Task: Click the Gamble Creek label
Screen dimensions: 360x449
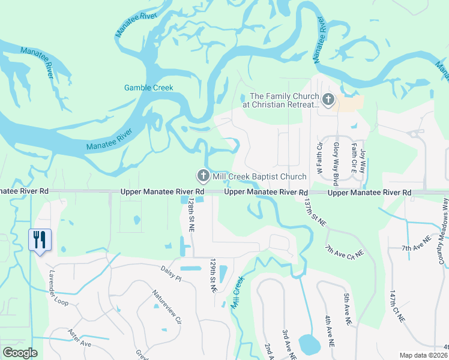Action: click(148, 88)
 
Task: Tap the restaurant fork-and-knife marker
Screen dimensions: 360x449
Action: click(40, 240)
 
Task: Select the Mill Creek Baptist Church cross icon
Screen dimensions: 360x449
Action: click(203, 176)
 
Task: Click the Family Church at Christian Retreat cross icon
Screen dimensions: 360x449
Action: click(328, 100)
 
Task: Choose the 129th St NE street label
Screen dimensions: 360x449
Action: click(212, 275)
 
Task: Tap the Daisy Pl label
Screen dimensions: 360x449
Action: click(170, 271)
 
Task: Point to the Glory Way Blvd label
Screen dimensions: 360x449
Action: click(336, 162)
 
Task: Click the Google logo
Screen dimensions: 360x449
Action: click(20, 353)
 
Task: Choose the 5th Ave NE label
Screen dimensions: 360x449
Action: click(346, 310)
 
